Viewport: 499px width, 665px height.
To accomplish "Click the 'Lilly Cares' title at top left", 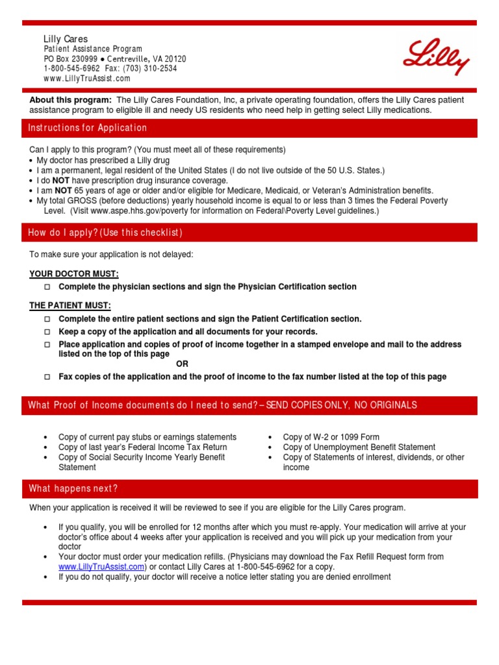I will pos(66,39).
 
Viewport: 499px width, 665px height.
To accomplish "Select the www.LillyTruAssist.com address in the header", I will pos(87,78).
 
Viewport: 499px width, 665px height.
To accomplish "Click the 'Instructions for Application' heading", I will pos(88,128).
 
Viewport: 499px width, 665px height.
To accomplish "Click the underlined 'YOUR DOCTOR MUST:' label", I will pos(74,274).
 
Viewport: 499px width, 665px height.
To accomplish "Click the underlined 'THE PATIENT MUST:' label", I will pos(70,305).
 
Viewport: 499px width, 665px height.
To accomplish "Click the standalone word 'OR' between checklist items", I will pos(182,364).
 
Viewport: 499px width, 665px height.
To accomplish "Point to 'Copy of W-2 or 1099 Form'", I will pos(331,437).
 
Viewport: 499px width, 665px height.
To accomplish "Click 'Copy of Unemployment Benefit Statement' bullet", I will pos(359,447).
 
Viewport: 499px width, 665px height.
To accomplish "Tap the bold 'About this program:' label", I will pos(71,100).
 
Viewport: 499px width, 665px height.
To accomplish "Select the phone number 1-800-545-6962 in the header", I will pos(72,68).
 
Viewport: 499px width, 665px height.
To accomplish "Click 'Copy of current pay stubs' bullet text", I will pos(147,437).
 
